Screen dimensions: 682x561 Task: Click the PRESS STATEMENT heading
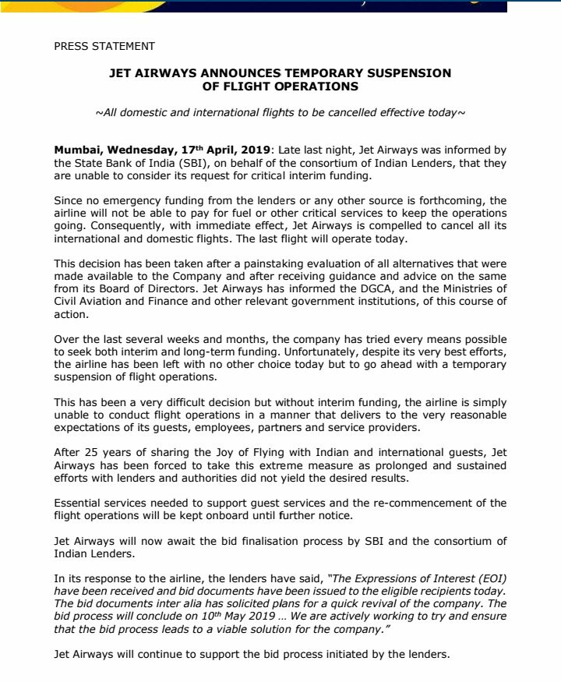104,46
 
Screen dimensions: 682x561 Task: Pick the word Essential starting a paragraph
82,502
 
